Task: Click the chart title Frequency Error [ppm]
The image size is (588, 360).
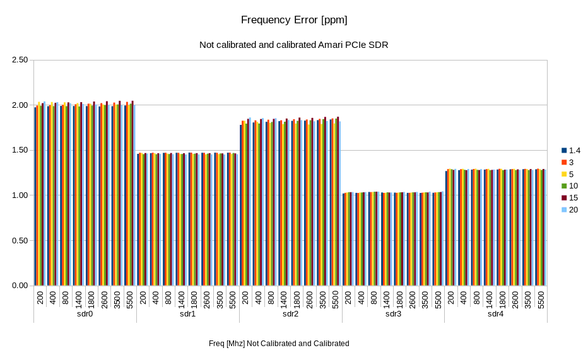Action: coord(294,20)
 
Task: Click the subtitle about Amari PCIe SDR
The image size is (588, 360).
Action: coord(294,45)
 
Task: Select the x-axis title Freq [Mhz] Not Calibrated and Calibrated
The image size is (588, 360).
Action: coord(279,344)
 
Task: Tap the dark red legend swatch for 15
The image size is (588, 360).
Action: coord(565,197)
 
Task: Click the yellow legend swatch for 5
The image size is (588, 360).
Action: coord(565,174)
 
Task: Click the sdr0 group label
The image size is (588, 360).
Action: coord(85,314)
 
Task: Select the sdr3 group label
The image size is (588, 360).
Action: coord(393,314)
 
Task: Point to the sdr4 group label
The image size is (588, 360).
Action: coord(496,314)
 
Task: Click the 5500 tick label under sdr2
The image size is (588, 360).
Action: coord(336,298)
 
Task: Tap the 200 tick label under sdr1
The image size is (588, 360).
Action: coord(143,298)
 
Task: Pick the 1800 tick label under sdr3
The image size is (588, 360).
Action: coord(400,298)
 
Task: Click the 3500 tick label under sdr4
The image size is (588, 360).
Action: coord(528,298)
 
